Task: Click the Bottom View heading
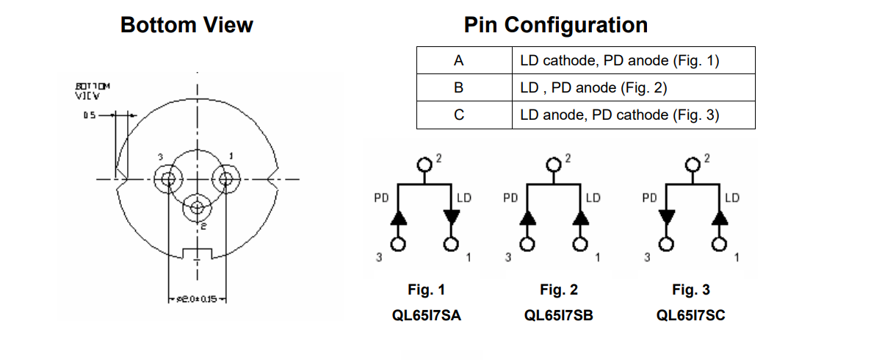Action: pyautogui.click(x=187, y=25)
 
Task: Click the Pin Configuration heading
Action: pyautogui.click(x=555, y=25)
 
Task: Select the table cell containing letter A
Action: pyautogui.click(x=459, y=61)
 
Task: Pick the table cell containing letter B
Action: pyautogui.click(x=459, y=88)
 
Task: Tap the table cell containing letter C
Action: pyautogui.click(x=459, y=115)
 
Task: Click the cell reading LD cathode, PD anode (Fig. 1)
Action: pyautogui.click(x=619, y=61)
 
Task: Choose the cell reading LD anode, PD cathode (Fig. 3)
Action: pyautogui.click(x=619, y=115)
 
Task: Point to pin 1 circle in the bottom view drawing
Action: pyautogui.click(x=225, y=179)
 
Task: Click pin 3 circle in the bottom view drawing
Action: pyautogui.click(x=168, y=179)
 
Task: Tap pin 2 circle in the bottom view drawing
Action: pyautogui.click(x=196, y=208)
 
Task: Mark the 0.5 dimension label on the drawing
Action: pyautogui.click(x=89, y=115)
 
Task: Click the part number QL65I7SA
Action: pyautogui.click(x=427, y=315)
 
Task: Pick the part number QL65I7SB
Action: pyautogui.click(x=558, y=315)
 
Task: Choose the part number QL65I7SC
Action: pyautogui.click(x=691, y=315)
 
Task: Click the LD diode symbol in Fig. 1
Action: pyautogui.click(x=452, y=217)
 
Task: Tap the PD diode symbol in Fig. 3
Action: pyautogui.click(x=666, y=217)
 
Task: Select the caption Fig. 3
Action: pyautogui.click(x=691, y=290)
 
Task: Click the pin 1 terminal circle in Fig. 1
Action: pyautogui.click(x=452, y=244)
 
